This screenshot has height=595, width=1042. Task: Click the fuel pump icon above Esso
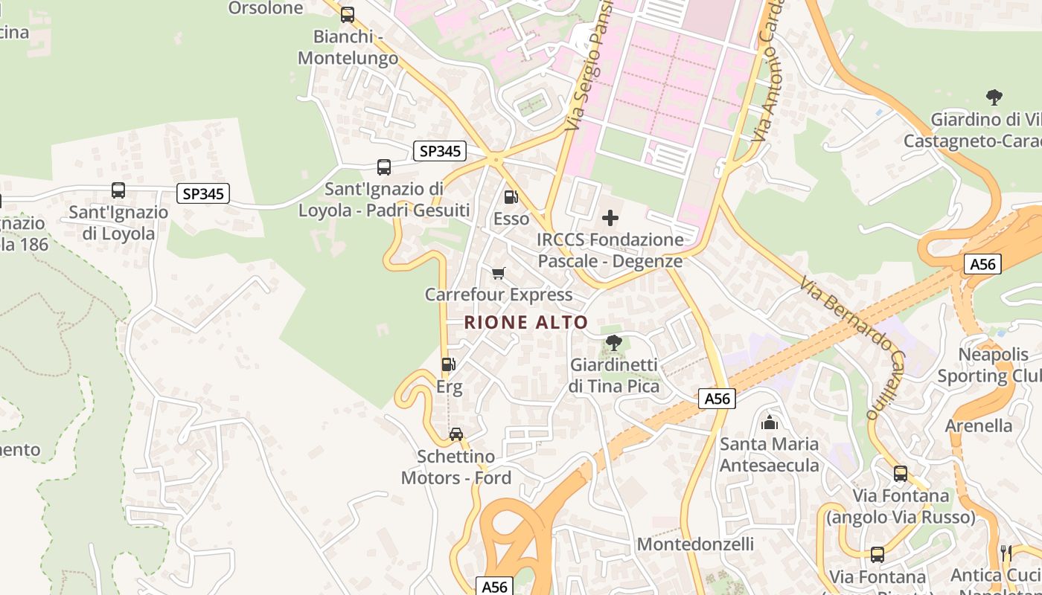coord(511,197)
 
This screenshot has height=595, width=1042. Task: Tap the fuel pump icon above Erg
coord(448,364)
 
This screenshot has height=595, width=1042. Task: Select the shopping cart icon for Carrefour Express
coord(499,274)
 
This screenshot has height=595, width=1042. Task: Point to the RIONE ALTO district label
coord(526,323)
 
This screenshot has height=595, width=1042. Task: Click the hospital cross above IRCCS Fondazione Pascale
coord(610,218)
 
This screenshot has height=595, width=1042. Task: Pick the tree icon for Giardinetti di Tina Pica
coord(614,343)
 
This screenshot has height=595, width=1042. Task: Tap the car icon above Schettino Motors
coord(456,434)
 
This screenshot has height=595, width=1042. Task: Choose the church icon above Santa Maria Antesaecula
coord(770,422)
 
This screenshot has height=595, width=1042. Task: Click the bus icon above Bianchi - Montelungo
coord(348,14)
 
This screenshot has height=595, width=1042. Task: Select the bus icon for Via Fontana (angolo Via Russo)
coord(901,473)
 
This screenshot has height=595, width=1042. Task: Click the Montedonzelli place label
coord(695,544)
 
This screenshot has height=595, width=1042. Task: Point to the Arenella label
coord(979,426)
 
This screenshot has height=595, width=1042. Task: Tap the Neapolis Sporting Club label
coord(988,365)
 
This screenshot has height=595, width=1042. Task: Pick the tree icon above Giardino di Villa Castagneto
coord(994,97)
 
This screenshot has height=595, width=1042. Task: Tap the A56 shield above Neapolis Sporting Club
coord(983,264)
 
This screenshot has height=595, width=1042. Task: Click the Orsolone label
coord(266,8)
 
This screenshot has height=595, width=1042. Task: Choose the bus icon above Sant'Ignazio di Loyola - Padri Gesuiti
coord(384,167)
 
